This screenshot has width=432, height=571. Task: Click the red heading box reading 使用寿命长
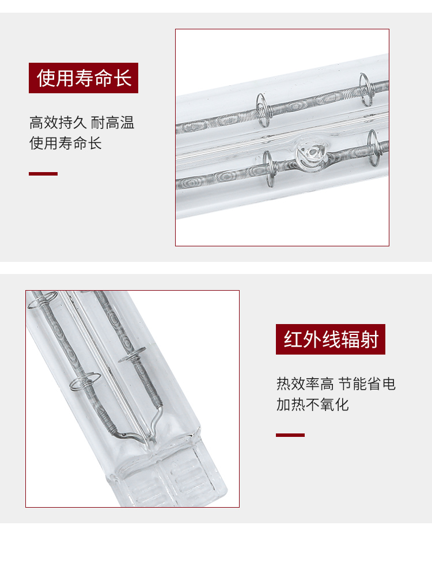pos(84,78)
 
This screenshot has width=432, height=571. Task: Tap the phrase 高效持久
pos(58,123)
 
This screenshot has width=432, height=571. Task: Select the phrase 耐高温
pos(113,123)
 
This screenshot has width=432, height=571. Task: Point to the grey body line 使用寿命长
pos(65,143)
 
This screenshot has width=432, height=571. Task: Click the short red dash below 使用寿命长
pos(43,174)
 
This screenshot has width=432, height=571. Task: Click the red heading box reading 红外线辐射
pos(330,339)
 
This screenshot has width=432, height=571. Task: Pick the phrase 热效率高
pos(305,384)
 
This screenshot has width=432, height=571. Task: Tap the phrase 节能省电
pos(367,384)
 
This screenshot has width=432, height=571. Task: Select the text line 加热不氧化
pos(312,404)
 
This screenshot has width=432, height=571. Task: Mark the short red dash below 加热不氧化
pos(290,435)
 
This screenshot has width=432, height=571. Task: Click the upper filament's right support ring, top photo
pos(365,89)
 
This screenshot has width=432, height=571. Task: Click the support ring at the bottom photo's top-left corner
pos(41,300)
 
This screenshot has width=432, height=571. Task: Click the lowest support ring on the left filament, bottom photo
pos(85,381)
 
